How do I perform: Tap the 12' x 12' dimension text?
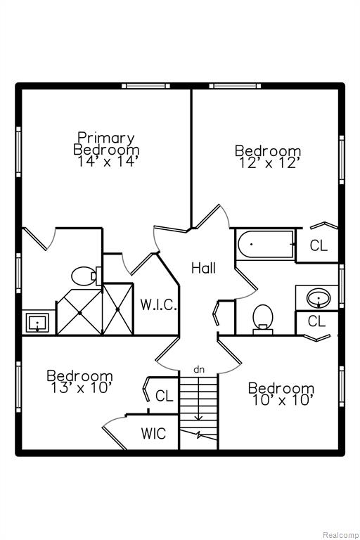point(268,162)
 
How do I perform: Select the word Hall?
point(204,268)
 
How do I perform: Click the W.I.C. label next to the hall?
point(158,304)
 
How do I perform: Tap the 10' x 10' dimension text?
point(283,400)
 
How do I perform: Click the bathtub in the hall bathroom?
point(266,244)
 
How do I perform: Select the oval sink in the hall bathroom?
point(319,298)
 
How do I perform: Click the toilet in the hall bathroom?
point(263,319)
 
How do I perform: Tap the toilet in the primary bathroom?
point(86,276)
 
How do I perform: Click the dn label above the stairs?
point(199,370)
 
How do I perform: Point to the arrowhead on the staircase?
point(198,418)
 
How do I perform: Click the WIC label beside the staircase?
point(153,433)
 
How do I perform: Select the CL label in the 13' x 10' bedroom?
point(164,396)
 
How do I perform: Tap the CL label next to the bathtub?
point(319,245)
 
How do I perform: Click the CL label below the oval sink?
point(316,321)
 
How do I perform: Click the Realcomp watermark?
point(341,535)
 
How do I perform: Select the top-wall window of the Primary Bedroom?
point(146,86)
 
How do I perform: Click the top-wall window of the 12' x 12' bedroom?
point(235,86)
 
